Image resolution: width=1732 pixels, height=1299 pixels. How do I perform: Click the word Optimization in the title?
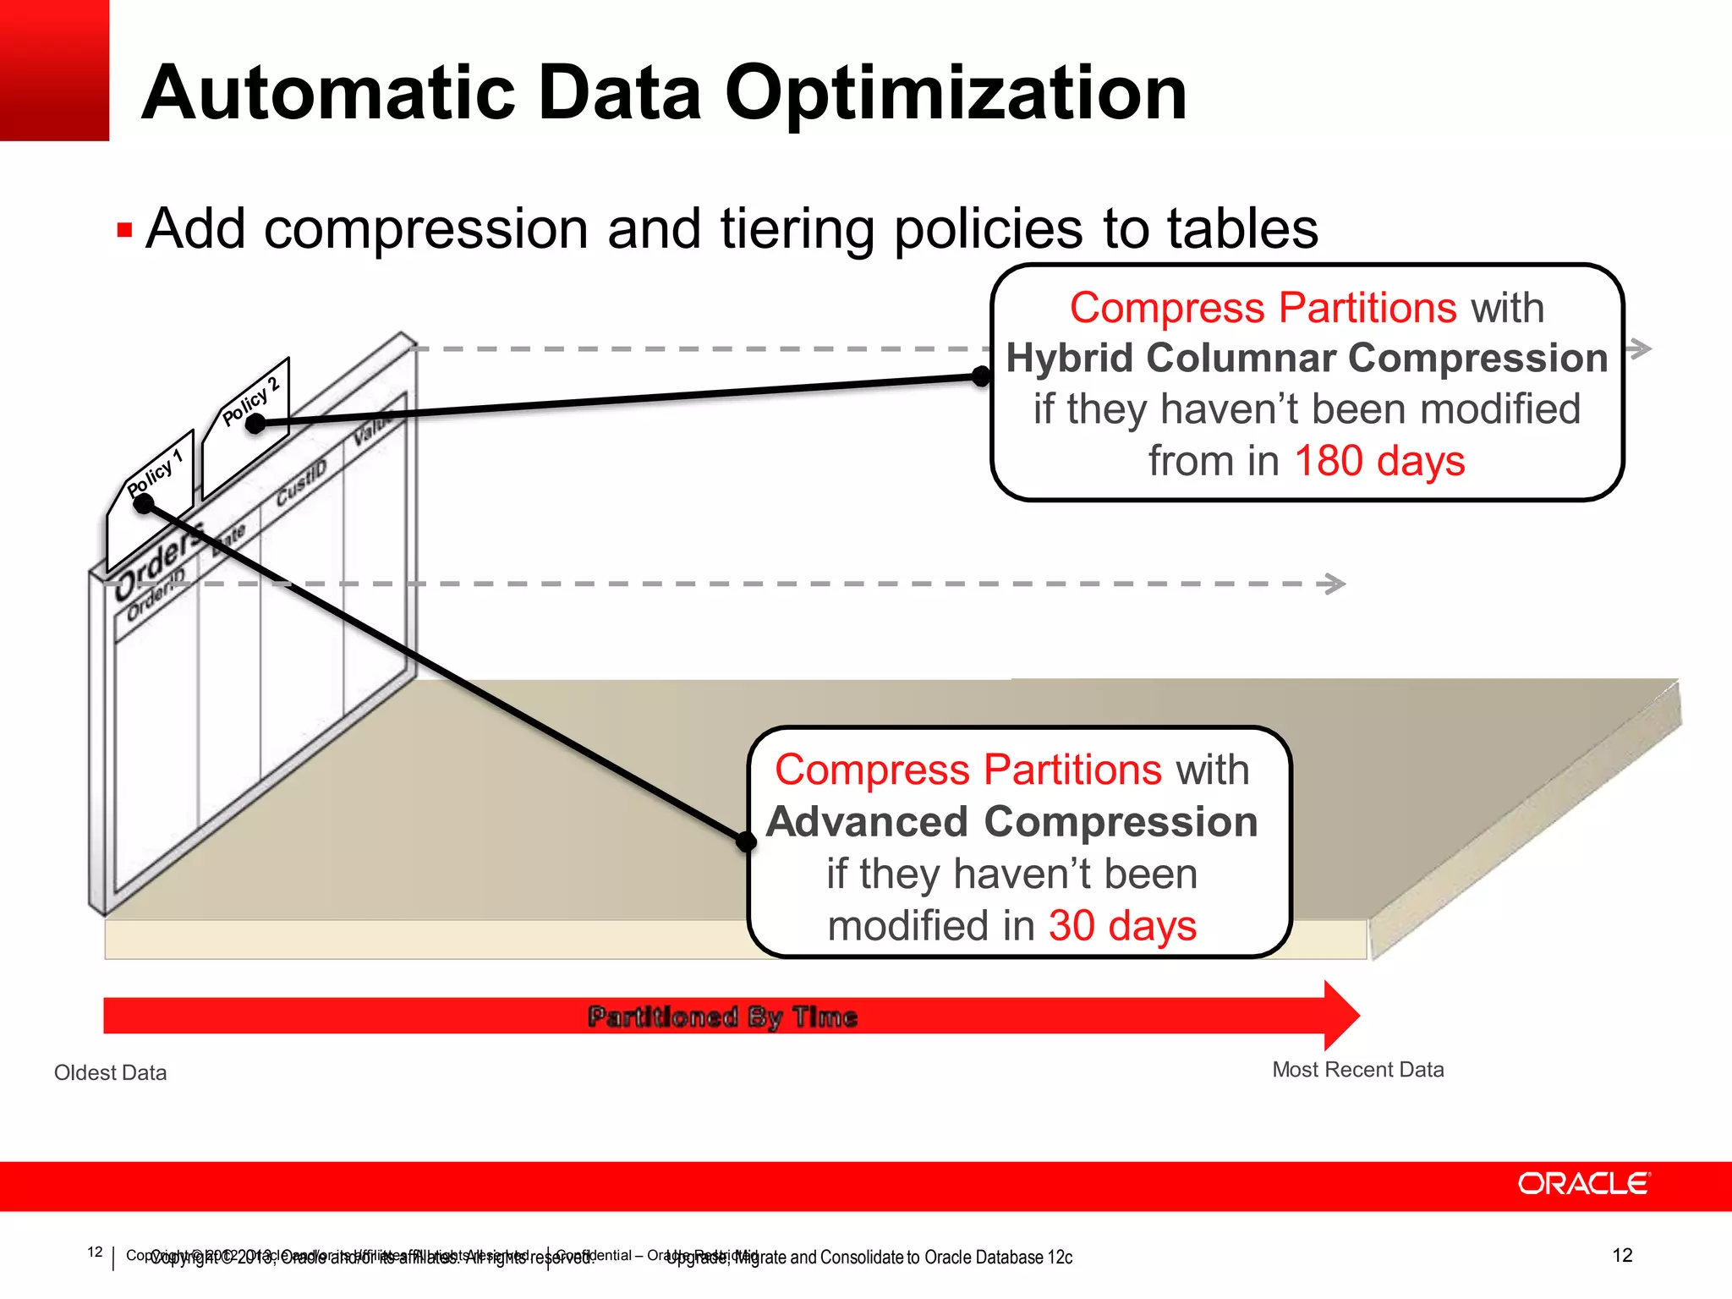pos(956,93)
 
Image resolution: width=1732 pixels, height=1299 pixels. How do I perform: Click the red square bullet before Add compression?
pos(124,230)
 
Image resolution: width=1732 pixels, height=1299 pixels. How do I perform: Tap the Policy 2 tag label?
pos(251,401)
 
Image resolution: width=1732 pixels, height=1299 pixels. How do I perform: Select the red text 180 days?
pos(1379,462)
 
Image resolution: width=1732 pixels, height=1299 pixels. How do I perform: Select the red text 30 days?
pos(1122,925)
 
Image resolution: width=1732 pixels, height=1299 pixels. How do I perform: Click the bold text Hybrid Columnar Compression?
pos(1307,358)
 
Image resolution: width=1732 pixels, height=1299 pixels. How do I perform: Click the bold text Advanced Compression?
pos(1011,822)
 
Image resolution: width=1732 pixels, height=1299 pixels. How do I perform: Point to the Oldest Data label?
pos(110,1072)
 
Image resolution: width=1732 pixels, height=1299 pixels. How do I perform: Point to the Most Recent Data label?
pos(1357,1070)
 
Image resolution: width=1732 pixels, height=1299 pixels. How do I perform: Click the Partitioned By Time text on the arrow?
pos(722,1017)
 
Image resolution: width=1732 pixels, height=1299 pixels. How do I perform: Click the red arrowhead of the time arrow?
pos(1340,1015)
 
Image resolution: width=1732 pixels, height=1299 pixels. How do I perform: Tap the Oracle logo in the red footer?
pos(1583,1183)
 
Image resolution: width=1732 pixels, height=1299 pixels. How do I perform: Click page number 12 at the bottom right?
pos(1621,1255)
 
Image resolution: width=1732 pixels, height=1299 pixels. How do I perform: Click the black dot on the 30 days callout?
pos(746,841)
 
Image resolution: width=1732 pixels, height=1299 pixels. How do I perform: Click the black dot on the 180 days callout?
pos(981,376)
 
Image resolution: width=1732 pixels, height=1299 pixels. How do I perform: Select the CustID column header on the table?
pos(301,484)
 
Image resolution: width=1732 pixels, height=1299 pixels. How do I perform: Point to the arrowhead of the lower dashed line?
pos(1336,584)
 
